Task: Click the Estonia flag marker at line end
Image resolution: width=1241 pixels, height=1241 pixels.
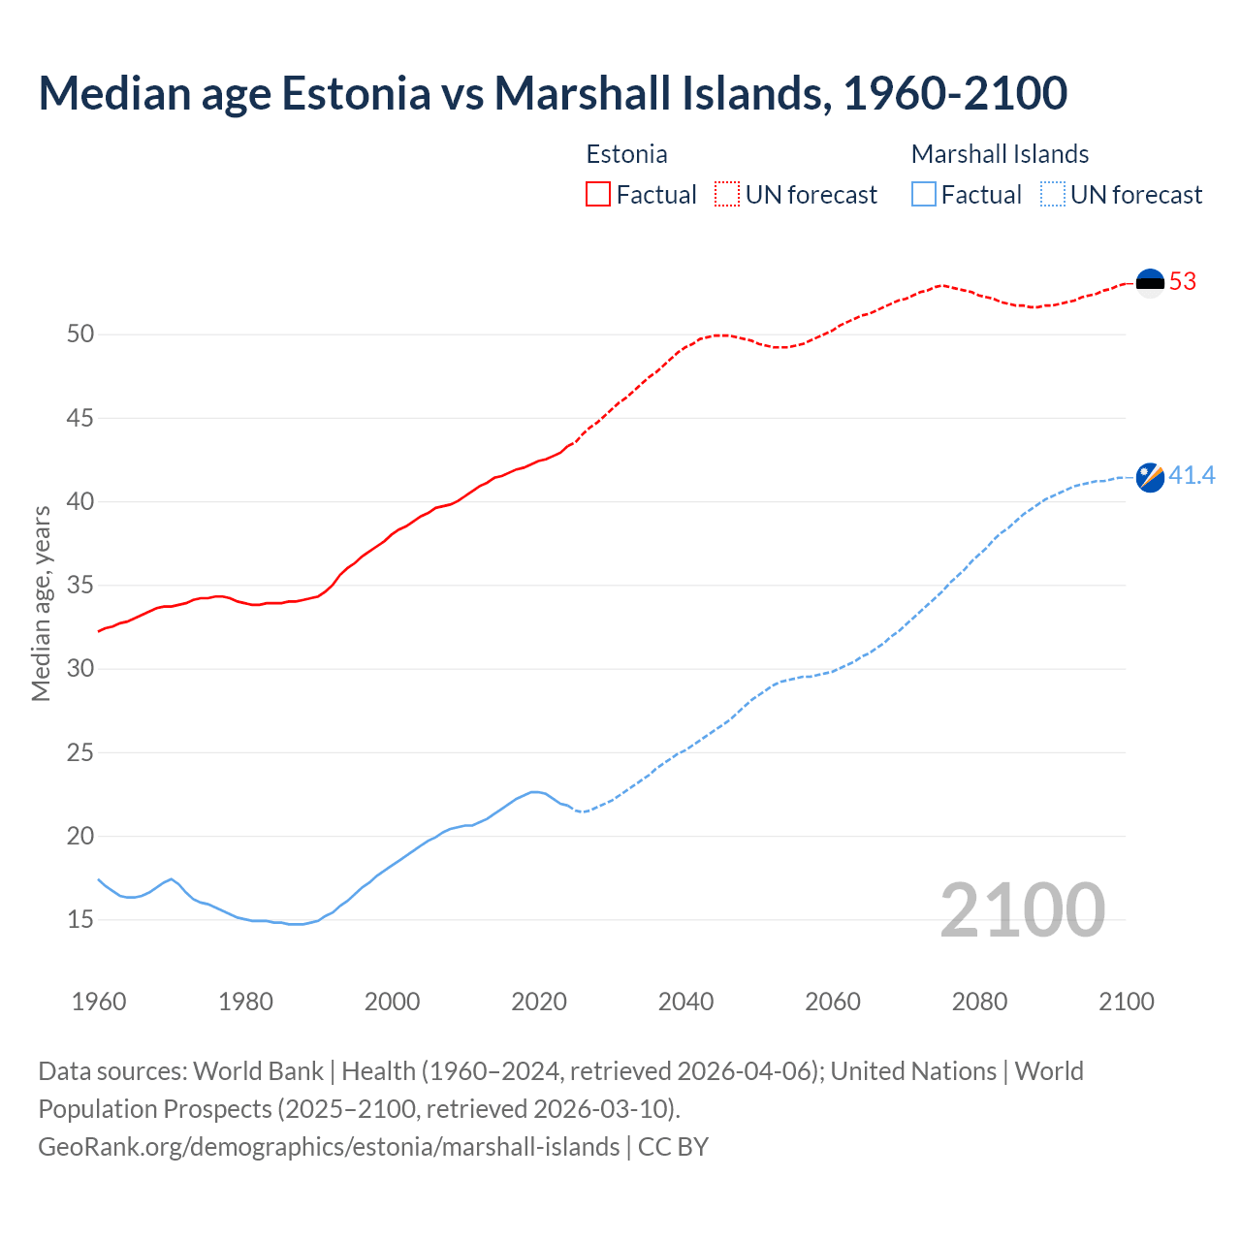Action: (x=1150, y=283)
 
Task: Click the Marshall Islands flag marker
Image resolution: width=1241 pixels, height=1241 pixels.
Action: (x=1150, y=477)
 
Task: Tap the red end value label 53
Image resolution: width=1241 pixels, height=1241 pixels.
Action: (x=1183, y=282)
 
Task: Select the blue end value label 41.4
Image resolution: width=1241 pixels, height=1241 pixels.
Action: (x=1192, y=476)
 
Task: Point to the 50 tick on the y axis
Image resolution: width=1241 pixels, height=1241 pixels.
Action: (x=80, y=334)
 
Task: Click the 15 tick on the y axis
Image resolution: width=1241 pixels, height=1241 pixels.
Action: (x=80, y=919)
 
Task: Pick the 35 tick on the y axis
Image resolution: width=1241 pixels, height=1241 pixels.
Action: (x=80, y=586)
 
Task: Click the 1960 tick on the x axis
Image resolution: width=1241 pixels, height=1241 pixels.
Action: (x=99, y=1002)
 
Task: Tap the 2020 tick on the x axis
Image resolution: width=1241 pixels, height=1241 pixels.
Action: (x=539, y=1002)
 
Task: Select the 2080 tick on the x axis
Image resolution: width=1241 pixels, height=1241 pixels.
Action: (x=979, y=1002)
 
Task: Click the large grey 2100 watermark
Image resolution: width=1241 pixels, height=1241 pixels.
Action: (x=1022, y=909)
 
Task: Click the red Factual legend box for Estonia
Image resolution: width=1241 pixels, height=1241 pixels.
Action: (x=598, y=195)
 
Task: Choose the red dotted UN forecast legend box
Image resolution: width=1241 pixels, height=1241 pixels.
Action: (x=727, y=195)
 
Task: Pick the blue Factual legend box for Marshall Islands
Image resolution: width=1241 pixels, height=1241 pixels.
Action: (x=924, y=195)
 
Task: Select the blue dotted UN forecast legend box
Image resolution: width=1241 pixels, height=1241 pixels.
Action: (x=1053, y=195)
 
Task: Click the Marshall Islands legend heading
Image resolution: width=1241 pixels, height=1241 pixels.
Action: (x=1000, y=154)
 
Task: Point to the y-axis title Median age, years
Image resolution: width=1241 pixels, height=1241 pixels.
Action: (x=41, y=603)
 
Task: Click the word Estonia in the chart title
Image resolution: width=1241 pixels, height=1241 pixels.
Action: (x=356, y=93)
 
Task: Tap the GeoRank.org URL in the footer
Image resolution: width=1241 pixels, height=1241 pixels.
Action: (x=329, y=1146)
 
